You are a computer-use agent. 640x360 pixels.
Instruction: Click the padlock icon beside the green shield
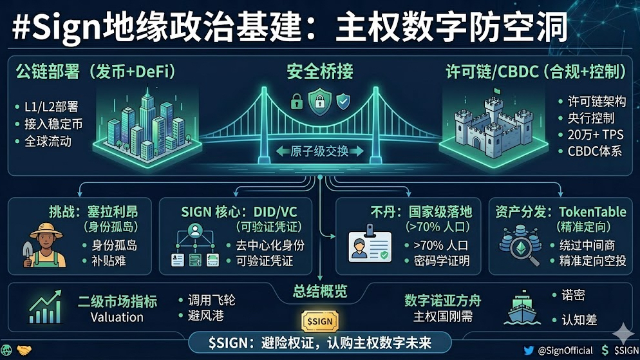coord(297,102)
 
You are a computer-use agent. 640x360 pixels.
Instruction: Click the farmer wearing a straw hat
coord(44,245)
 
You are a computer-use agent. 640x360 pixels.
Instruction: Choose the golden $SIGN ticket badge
coord(319,321)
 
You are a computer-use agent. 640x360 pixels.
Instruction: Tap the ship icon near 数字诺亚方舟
coord(524,309)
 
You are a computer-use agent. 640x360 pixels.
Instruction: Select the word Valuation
coord(117,317)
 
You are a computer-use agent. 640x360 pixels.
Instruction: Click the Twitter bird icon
coord(529,350)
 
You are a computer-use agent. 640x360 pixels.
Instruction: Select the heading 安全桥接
coord(320,71)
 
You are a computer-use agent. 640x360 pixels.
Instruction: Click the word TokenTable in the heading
coord(589,211)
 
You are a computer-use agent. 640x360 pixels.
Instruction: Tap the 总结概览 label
coord(320,290)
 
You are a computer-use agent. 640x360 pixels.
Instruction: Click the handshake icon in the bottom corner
coord(24,350)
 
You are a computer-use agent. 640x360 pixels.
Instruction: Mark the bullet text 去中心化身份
coord(270,245)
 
